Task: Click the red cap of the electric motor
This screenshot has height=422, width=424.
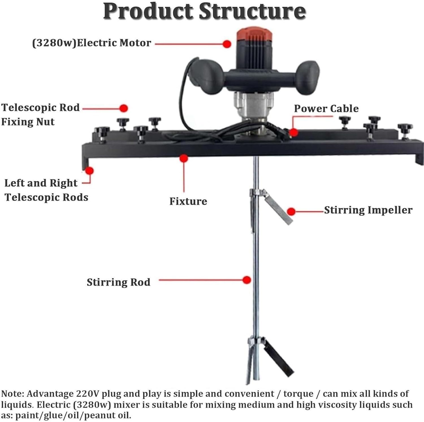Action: click(x=254, y=33)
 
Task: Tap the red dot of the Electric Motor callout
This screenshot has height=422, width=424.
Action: click(x=227, y=44)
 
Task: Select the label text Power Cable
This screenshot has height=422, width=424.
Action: click(x=326, y=109)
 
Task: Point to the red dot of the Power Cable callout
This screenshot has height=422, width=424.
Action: click(x=294, y=132)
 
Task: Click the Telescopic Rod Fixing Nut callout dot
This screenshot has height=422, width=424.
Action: click(x=124, y=108)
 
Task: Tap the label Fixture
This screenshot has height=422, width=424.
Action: click(x=188, y=201)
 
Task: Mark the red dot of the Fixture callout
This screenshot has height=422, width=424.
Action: click(x=184, y=158)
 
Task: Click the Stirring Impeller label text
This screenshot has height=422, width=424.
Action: click(x=368, y=210)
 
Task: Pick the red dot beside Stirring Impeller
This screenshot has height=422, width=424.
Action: click(x=291, y=211)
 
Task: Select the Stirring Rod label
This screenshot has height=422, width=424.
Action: click(x=118, y=282)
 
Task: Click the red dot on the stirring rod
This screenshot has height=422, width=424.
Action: click(x=247, y=280)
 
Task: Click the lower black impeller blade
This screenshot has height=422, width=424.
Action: click(x=279, y=358)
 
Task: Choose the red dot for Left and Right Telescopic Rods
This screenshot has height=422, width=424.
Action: click(x=90, y=170)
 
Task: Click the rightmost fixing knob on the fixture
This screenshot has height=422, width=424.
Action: click(x=405, y=129)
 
